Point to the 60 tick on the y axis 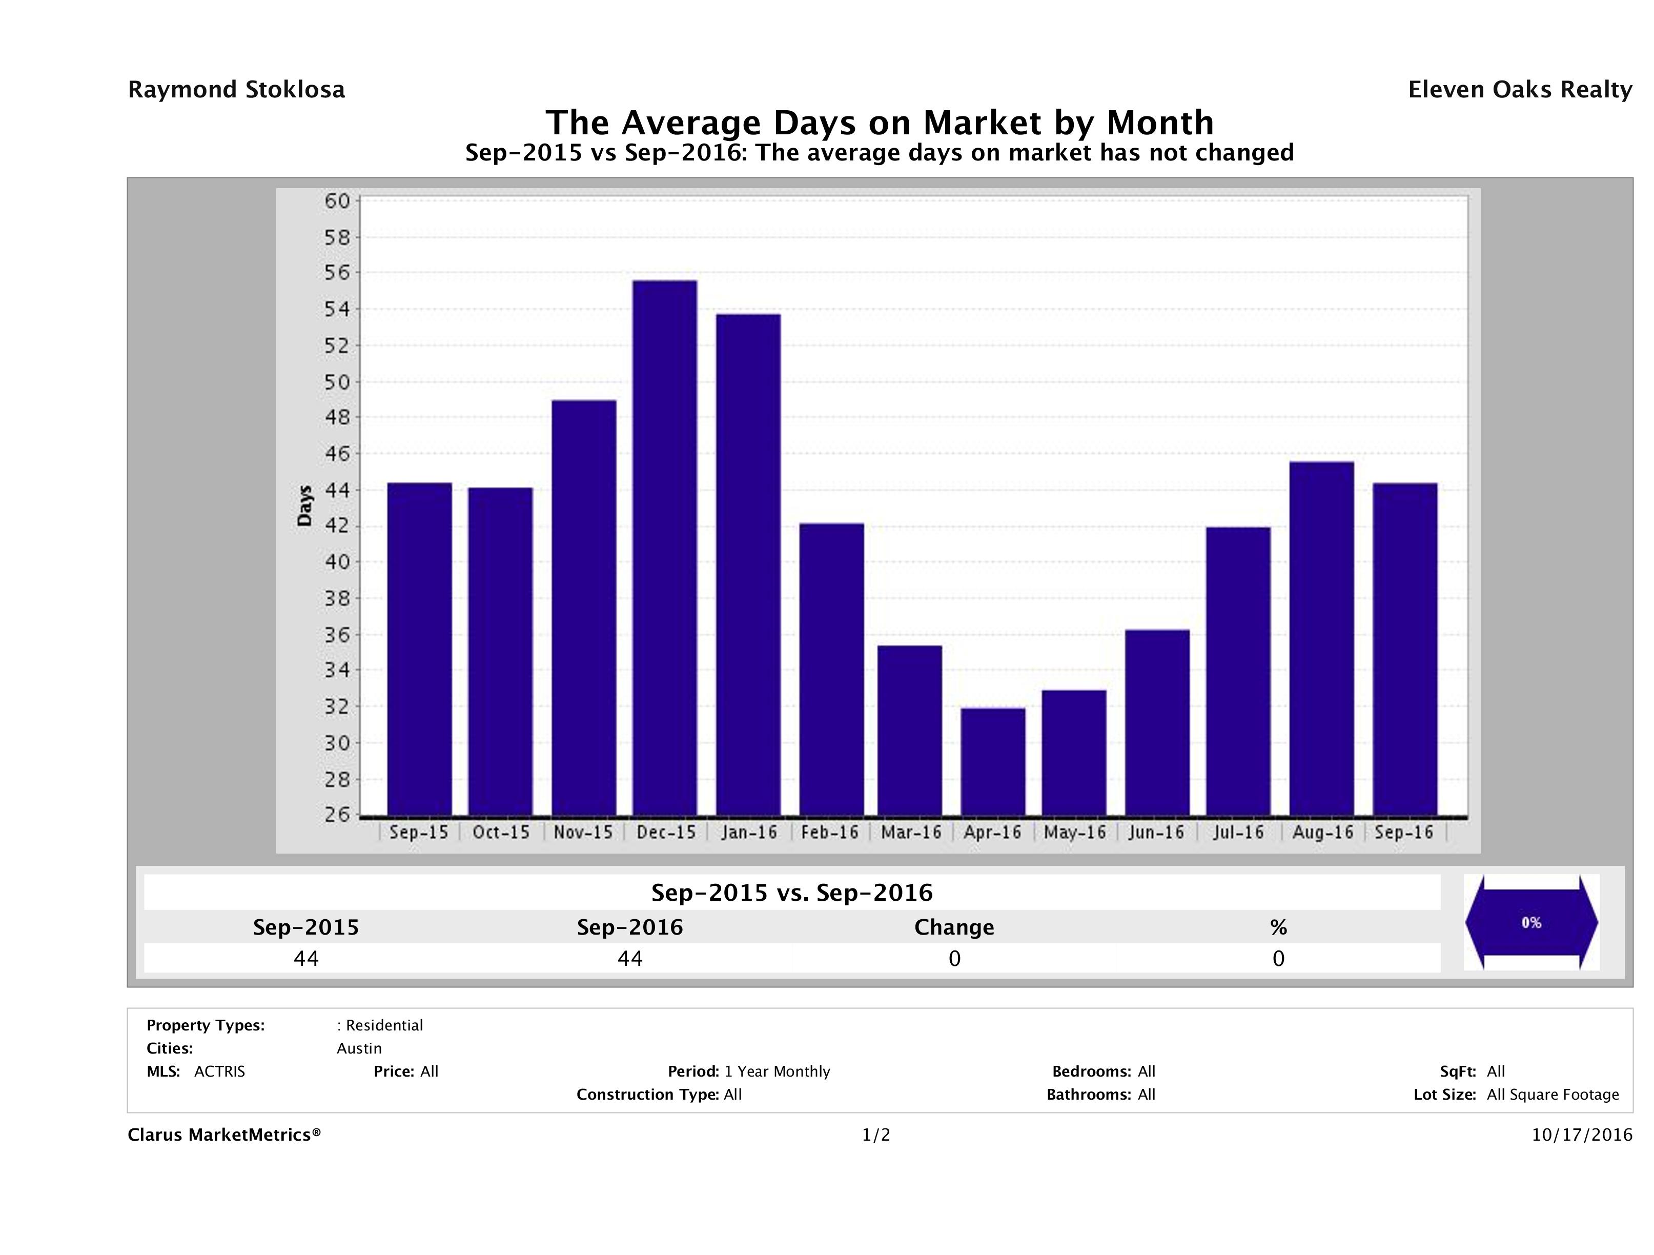(336, 201)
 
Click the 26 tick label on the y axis (336, 815)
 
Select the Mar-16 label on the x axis (911, 833)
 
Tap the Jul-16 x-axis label (1238, 833)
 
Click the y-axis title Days (304, 505)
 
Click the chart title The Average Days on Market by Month (880, 123)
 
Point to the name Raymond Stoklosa (236, 90)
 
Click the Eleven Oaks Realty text (1519, 90)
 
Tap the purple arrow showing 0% (1530, 922)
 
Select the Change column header (954, 927)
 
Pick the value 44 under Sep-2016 (629, 959)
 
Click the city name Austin (359, 1048)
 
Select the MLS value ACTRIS (219, 1072)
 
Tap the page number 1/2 (875, 1136)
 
